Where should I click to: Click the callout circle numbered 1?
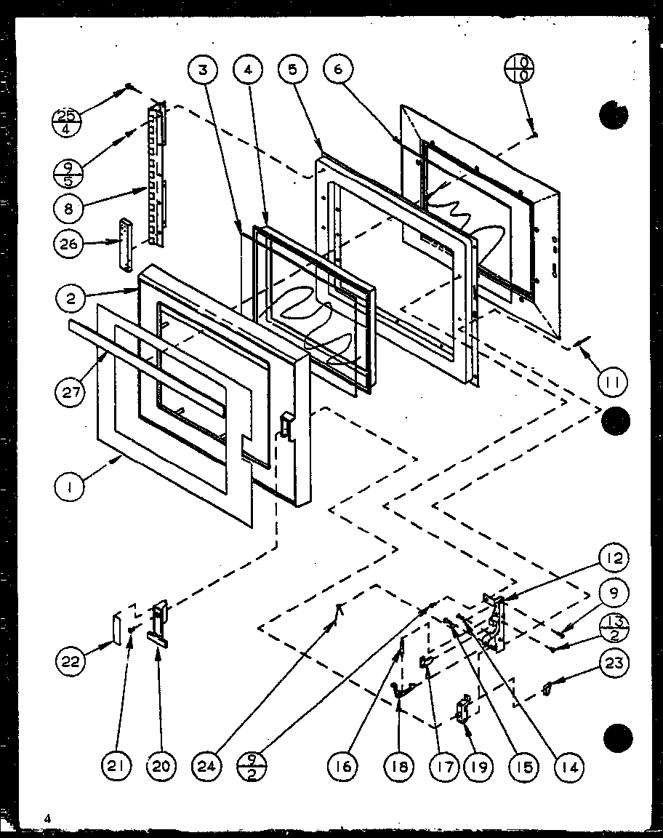click(70, 489)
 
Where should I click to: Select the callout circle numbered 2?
click(70, 298)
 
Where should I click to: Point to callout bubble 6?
click(339, 71)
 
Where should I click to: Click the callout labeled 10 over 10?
click(518, 71)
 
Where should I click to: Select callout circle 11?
click(612, 380)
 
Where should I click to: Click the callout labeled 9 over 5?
click(69, 173)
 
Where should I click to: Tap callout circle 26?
click(70, 244)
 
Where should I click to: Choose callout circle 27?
click(70, 392)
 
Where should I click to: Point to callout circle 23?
click(613, 663)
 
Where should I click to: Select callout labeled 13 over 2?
click(613, 628)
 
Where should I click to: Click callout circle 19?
click(480, 765)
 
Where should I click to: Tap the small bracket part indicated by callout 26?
click(129, 244)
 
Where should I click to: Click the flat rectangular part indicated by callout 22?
click(116, 628)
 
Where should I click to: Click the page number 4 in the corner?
click(47, 818)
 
